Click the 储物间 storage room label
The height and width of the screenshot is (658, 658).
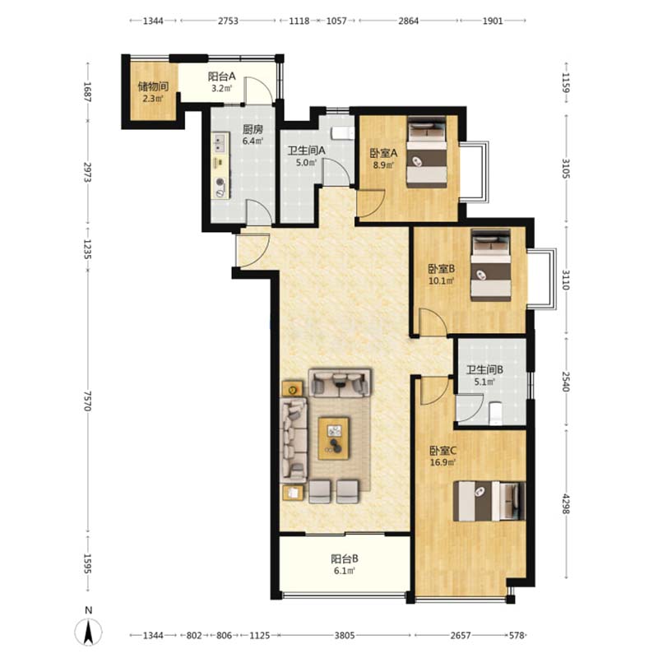pyautogui.click(x=153, y=87)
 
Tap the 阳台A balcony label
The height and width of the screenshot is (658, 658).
pyautogui.click(x=221, y=76)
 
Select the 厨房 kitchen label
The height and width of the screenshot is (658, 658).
pyautogui.click(x=253, y=129)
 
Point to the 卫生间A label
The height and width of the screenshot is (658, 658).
pyautogui.click(x=306, y=151)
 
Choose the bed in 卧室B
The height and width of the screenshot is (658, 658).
pyautogui.click(x=490, y=265)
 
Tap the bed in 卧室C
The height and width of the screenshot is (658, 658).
pyautogui.click(x=489, y=501)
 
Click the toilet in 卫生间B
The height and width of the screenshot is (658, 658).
pyautogui.click(x=496, y=414)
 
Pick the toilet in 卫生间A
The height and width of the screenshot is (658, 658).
pyautogui.click(x=343, y=133)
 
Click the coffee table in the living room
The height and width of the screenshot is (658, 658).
pyautogui.click(x=334, y=438)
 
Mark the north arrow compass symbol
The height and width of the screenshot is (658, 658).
pyautogui.click(x=89, y=628)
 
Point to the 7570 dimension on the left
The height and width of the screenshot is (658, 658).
pyautogui.click(x=87, y=401)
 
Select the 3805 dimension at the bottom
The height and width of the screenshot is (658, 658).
pyautogui.click(x=345, y=635)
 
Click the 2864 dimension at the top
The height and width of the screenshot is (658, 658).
pyautogui.click(x=408, y=21)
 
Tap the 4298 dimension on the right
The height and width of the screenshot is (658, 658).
pyautogui.click(x=566, y=503)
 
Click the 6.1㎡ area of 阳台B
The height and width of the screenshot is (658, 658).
pyautogui.click(x=345, y=571)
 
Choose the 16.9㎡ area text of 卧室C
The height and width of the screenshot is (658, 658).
pyautogui.click(x=443, y=462)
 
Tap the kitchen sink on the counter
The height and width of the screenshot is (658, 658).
pyautogui.click(x=220, y=142)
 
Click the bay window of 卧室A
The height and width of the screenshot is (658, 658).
pyautogui.click(x=475, y=173)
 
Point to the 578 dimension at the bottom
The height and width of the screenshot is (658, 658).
pyautogui.click(x=517, y=635)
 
